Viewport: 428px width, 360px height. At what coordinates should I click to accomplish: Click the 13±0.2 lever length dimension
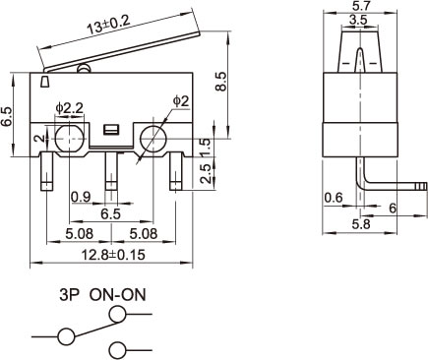point(109,25)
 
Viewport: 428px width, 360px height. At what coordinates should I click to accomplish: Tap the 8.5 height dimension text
point(221,82)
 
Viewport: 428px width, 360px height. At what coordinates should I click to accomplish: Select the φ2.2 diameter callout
point(70,108)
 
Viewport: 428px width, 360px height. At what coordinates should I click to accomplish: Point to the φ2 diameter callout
point(181,101)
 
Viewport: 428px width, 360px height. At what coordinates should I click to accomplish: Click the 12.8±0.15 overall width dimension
point(113,255)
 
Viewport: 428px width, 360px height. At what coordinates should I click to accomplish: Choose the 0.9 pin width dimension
point(81,197)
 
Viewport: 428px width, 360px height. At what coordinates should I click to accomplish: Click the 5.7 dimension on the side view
point(360,6)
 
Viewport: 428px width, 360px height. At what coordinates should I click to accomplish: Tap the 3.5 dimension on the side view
point(358,20)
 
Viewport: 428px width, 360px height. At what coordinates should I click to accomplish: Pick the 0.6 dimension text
point(334,198)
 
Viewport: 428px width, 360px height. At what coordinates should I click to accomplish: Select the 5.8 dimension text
point(361,224)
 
